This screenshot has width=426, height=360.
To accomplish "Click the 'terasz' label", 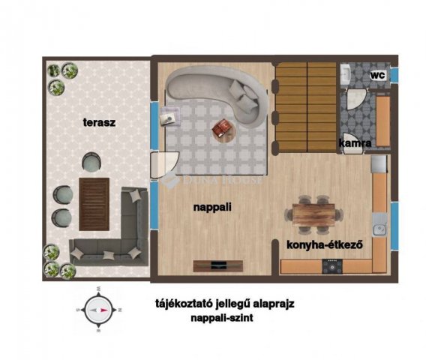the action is tap(99, 122).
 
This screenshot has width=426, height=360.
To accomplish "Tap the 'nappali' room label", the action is tap(212, 207).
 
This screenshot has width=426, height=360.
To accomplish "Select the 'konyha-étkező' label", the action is tap(325, 244).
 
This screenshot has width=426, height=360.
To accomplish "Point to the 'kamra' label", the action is tap(355, 143).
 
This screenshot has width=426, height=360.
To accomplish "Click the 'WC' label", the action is tap(378, 75).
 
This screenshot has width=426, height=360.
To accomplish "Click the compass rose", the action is tap(98, 310).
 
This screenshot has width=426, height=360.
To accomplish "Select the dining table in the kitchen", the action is tap(313, 214).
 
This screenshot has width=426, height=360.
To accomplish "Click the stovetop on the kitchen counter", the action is tap(332, 266).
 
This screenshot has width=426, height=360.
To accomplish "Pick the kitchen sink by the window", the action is tap(379, 225).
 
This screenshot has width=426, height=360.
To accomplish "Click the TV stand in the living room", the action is tap(218, 266).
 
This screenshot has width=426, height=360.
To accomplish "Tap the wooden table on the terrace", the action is tap(94, 204).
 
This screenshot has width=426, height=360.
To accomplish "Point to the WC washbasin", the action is tap(346, 74).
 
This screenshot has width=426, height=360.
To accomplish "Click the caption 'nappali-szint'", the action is tap(222, 317).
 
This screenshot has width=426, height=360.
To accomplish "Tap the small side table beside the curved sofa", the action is tap(169, 117).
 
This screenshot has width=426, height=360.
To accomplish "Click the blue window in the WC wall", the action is tap(394, 74).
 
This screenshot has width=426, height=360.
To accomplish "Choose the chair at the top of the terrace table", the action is tap(91, 162).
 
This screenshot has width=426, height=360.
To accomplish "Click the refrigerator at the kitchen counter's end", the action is tap(379, 164).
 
